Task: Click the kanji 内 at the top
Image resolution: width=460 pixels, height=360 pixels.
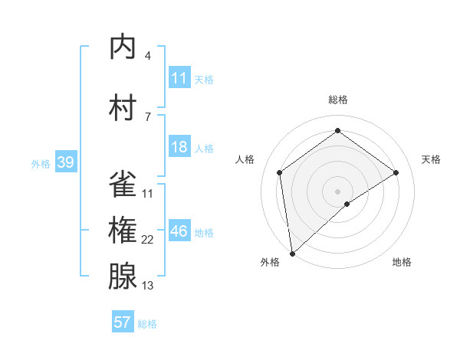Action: pos(123,47)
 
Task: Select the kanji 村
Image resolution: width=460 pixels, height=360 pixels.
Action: pos(123,108)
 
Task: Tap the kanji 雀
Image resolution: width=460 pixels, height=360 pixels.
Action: pos(123,184)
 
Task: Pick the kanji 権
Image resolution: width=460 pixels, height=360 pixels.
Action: pos(123,231)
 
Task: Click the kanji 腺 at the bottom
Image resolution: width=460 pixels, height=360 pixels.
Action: pos(123,277)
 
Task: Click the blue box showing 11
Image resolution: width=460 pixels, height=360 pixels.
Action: pos(179,78)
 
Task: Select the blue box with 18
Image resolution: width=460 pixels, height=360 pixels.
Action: pos(179,147)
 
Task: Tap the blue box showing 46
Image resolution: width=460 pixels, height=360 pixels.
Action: pos(179,231)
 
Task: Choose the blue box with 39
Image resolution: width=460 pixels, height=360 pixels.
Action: pos(65,162)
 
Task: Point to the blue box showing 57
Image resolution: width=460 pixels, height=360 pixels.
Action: pos(123,322)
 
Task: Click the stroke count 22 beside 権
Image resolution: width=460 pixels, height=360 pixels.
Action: pos(148,240)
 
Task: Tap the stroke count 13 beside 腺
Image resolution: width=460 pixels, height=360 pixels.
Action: pos(148,286)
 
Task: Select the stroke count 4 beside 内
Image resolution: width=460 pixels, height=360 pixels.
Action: pos(147,55)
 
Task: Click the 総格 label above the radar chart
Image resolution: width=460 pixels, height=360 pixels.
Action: pos(337,100)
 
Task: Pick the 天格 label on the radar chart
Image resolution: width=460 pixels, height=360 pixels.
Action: pos(432,159)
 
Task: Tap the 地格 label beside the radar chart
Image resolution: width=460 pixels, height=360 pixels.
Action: pos(402,262)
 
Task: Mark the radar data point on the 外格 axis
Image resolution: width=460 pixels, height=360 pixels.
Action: pos(292,253)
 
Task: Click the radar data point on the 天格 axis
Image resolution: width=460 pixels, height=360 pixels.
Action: pos(396,172)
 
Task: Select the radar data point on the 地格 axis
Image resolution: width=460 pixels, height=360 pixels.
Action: pos(347,204)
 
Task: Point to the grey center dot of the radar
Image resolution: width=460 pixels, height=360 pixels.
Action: pos(337,190)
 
